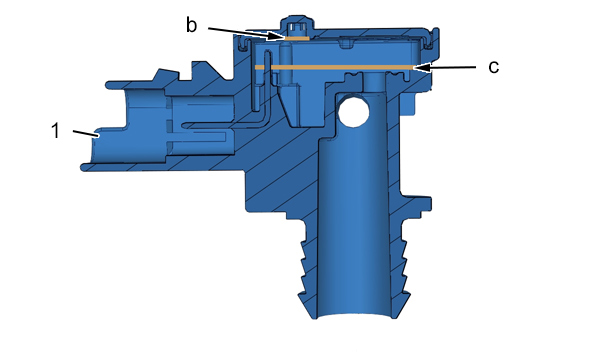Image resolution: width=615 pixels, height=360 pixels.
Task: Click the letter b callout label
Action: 191,25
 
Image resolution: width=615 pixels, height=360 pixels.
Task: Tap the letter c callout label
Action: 494,67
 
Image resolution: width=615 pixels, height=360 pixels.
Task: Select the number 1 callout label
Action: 56,131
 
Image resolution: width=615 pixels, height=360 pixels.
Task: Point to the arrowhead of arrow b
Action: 276,37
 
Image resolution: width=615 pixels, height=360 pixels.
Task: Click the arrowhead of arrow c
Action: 422,68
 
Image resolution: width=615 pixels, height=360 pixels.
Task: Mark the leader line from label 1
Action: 86,133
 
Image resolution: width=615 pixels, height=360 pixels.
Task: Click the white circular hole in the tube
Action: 353,112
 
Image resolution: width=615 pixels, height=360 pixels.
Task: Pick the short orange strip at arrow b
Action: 297,39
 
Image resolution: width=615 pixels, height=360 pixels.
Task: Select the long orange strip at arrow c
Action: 334,67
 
